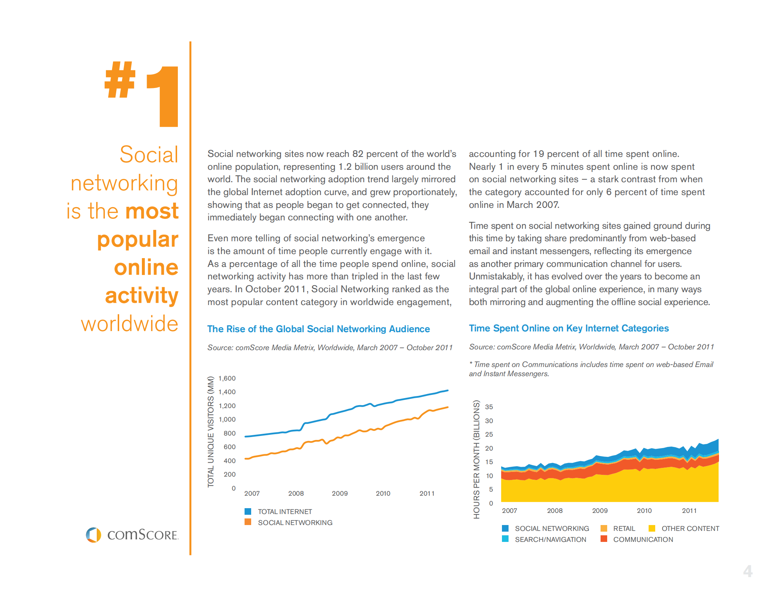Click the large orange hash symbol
tap(120, 80)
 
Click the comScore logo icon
tap(93, 535)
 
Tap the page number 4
tap(748, 571)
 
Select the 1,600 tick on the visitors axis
tap(227, 378)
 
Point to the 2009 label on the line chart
tap(340, 493)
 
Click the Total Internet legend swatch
tap(248, 511)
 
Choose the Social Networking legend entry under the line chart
tap(295, 522)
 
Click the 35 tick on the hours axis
tap(489, 407)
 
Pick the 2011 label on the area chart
tap(689, 510)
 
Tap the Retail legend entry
tap(624, 528)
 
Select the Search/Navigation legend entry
tap(550, 539)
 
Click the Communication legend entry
tap(643, 539)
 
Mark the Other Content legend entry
tap(690, 528)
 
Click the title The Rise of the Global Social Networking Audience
tap(318, 329)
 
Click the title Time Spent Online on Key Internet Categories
tap(569, 328)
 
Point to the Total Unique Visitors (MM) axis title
tap(210, 432)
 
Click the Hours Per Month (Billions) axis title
tap(476, 459)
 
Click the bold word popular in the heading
tap(137, 239)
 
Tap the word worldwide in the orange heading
tap(129, 324)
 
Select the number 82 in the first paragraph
tap(357, 154)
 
